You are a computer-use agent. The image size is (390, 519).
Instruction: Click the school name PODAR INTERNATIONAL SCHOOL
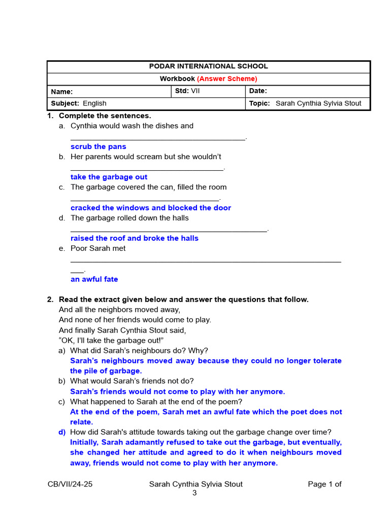click(x=208, y=66)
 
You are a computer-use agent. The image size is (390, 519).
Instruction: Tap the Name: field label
click(x=62, y=92)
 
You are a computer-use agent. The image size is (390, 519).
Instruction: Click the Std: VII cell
click(x=187, y=91)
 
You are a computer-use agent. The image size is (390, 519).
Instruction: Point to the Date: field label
click(x=258, y=91)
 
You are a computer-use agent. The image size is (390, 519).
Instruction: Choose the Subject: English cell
click(x=79, y=103)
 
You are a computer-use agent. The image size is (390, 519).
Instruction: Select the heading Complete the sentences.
click(x=105, y=116)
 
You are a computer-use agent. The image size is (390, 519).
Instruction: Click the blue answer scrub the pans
click(x=99, y=146)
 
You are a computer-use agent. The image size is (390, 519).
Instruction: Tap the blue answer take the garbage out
click(x=109, y=177)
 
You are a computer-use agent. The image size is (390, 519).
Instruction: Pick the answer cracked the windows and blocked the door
click(x=151, y=208)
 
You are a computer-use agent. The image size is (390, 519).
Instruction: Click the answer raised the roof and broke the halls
click(x=135, y=238)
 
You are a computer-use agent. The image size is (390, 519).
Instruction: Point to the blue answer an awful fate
click(x=94, y=279)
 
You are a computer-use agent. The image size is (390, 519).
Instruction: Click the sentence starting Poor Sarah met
click(x=98, y=248)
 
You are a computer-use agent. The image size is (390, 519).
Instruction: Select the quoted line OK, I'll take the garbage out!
click(x=111, y=340)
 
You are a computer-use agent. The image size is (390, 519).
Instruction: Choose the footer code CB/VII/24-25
click(x=70, y=484)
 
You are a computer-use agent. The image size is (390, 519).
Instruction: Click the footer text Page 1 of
click(x=324, y=484)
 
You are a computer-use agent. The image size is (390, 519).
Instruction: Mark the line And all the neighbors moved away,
click(x=120, y=310)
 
